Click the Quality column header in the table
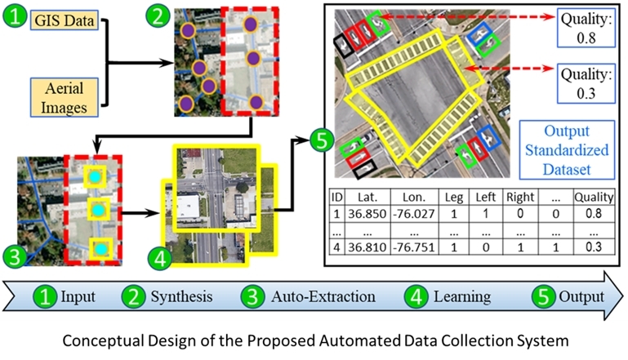click(x=592, y=196)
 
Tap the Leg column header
click(x=454, y=196)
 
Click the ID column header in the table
click(x=336, y=196)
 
